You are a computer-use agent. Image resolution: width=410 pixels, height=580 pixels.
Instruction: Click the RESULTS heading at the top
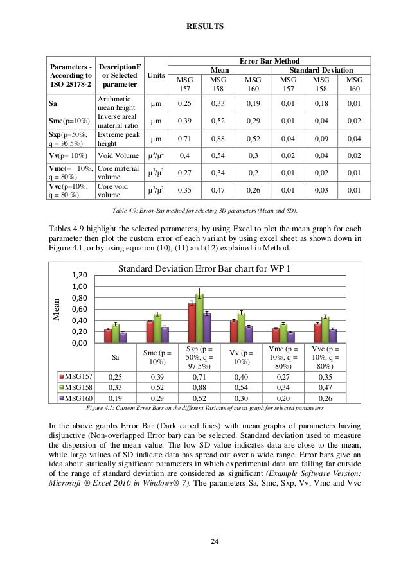pyautogui.click(x=205, y=28)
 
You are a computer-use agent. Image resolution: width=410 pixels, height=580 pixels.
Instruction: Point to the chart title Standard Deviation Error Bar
pyautogui.click(x=205, y=268)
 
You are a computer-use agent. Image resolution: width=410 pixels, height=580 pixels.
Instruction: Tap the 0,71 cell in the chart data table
pyautogui.click(x=199, y=376)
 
